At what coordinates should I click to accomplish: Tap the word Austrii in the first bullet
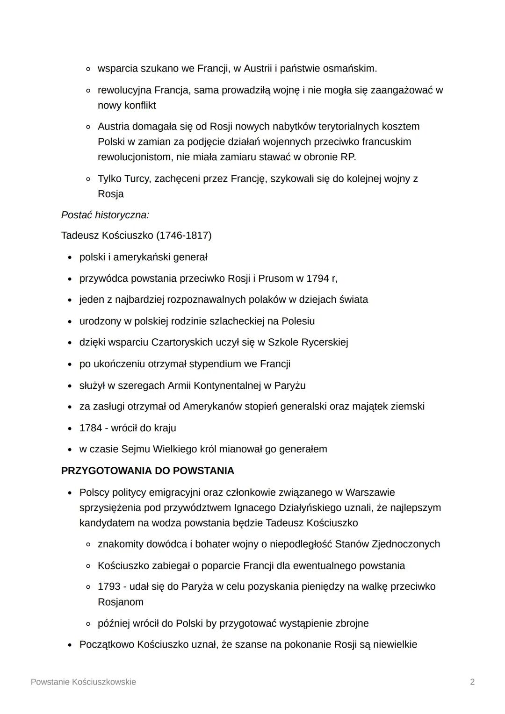pyautogui.click(x=257, y=69)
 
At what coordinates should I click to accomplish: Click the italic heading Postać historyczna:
pyautogui.click(x=105, y=215)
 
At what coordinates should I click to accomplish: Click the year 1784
pyautogui.click(x=91, y=428)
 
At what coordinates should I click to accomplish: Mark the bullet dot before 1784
pyautogui.click(x=70, y=428)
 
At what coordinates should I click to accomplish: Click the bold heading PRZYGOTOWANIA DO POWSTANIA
pyautogui.click(x=148, y=471)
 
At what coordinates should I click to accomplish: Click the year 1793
pyautogui.click(x=109, y=587)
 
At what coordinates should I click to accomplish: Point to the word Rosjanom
pyautogui.click(x=121, y=602)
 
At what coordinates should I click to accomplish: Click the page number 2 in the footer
pyautogui.click(x=472, y=682)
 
